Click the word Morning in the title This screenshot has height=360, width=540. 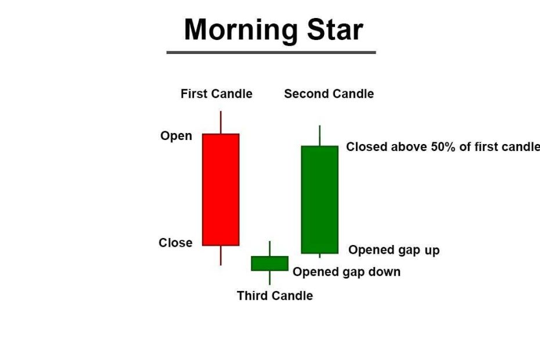point(241,31)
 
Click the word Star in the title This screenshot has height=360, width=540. point(335,30)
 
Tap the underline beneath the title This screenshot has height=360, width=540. point(271,52)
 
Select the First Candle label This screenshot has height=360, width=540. point(216,93)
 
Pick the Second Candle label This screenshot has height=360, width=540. point(329,93)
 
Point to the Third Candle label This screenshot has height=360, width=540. point(275,296)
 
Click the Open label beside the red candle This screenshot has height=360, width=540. point(176,136)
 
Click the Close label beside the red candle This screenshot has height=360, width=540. point(175,243)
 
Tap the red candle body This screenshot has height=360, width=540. point(221,190)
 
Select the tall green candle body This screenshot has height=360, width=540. point(319,200)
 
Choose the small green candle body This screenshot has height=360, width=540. point(269,264)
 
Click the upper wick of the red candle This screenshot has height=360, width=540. point(221,123)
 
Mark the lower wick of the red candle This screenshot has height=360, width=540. point(221,255)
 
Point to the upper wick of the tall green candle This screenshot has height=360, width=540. point(319,135)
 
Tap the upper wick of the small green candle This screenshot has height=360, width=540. point(269,249)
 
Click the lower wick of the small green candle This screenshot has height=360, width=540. point(269,278)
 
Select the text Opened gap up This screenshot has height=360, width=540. point(394,250)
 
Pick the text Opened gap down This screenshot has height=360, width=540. point(347,272)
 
